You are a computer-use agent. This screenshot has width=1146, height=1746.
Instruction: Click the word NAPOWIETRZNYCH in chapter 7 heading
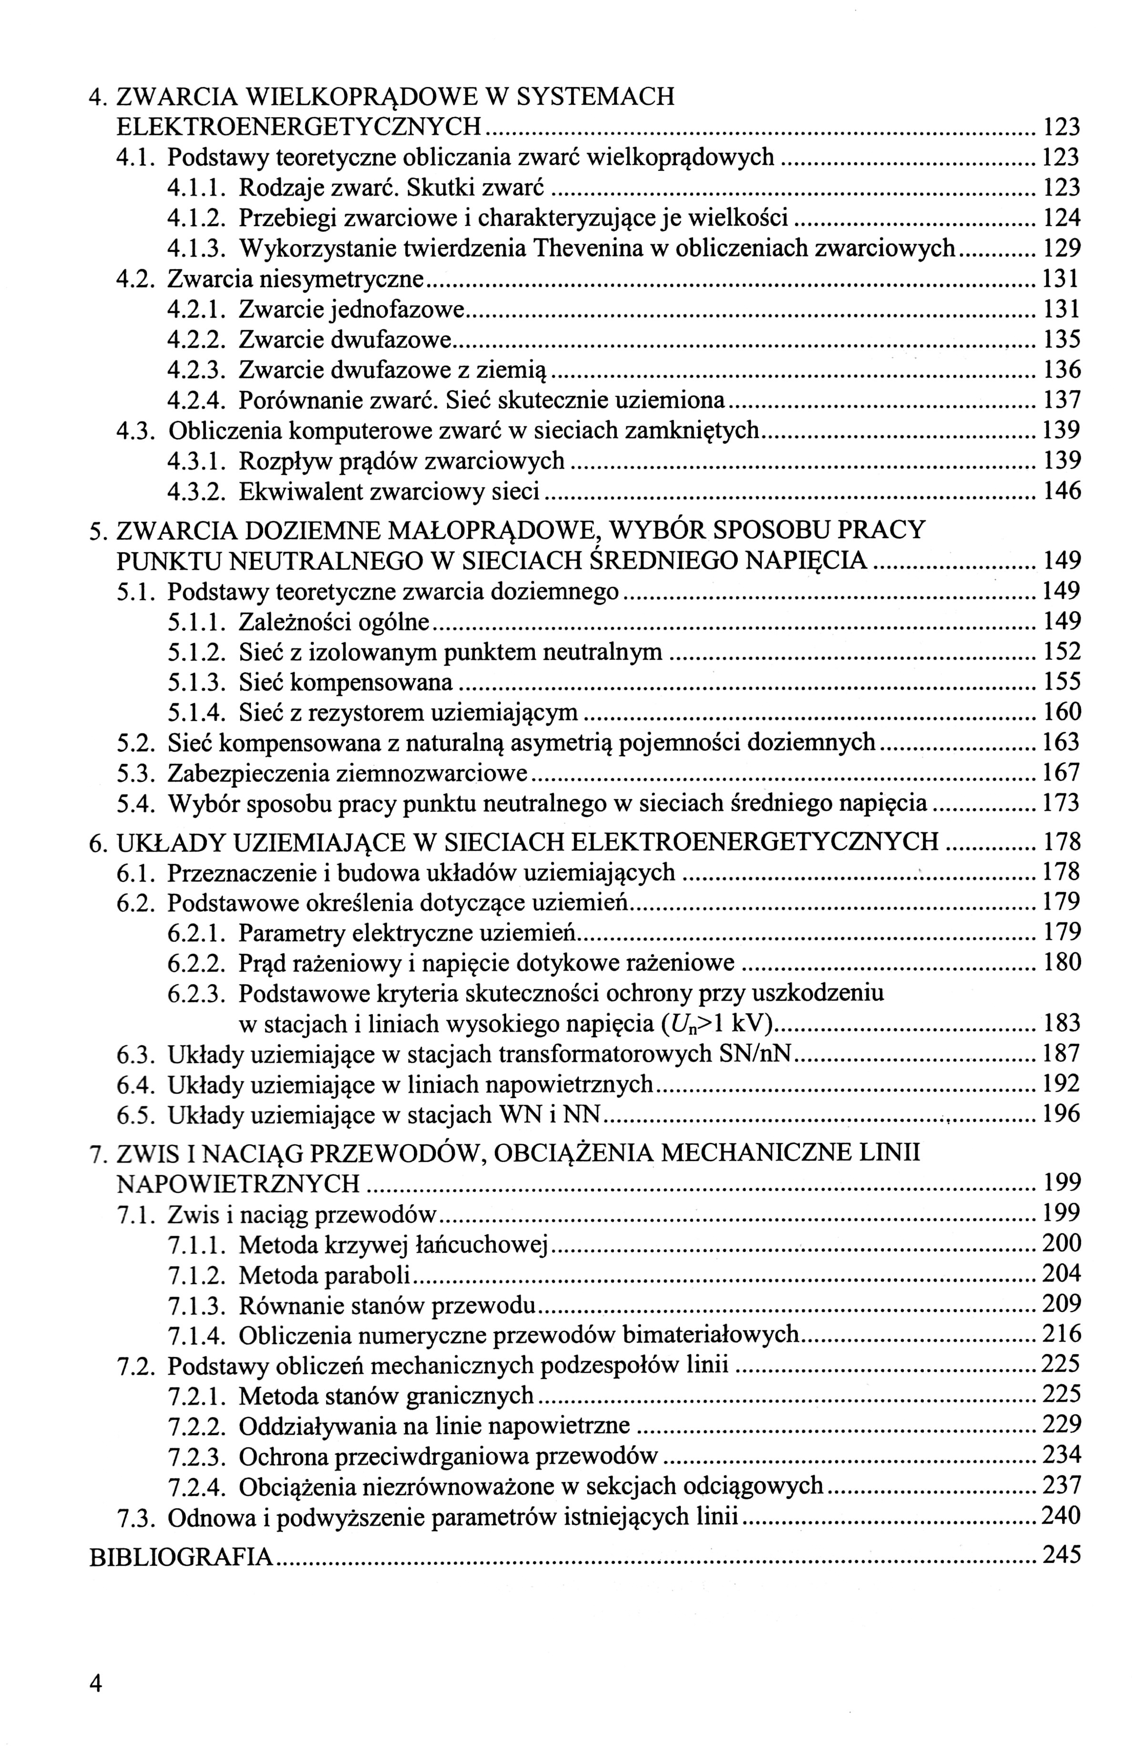[x=238, y=1183]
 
